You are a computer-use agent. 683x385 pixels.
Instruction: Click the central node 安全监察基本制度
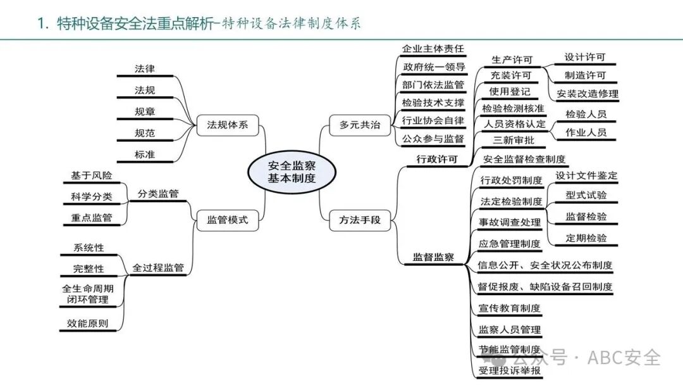[292, 172]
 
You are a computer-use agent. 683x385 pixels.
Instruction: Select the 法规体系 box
[228, 125]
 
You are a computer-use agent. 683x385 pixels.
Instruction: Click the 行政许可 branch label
[437, 159]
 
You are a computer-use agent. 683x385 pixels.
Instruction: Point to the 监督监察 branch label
[434, 256]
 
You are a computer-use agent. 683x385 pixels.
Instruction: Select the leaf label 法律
[145, 68]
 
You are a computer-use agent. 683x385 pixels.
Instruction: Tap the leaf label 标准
[145, 154]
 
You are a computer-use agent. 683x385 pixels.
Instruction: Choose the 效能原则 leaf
[88, 324]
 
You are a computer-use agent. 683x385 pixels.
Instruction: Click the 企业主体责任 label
[433, 49]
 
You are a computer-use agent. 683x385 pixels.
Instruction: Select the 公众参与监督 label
[433, 138]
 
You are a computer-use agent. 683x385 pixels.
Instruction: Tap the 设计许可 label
[585, 57]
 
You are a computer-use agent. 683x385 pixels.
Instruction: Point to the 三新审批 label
[509, 141]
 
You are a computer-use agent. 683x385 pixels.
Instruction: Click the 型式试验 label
[586, 195]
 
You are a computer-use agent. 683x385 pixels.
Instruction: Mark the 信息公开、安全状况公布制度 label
[545, 265]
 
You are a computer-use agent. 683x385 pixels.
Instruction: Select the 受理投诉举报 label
[510, 371]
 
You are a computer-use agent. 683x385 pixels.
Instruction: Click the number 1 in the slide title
[42, 23]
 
